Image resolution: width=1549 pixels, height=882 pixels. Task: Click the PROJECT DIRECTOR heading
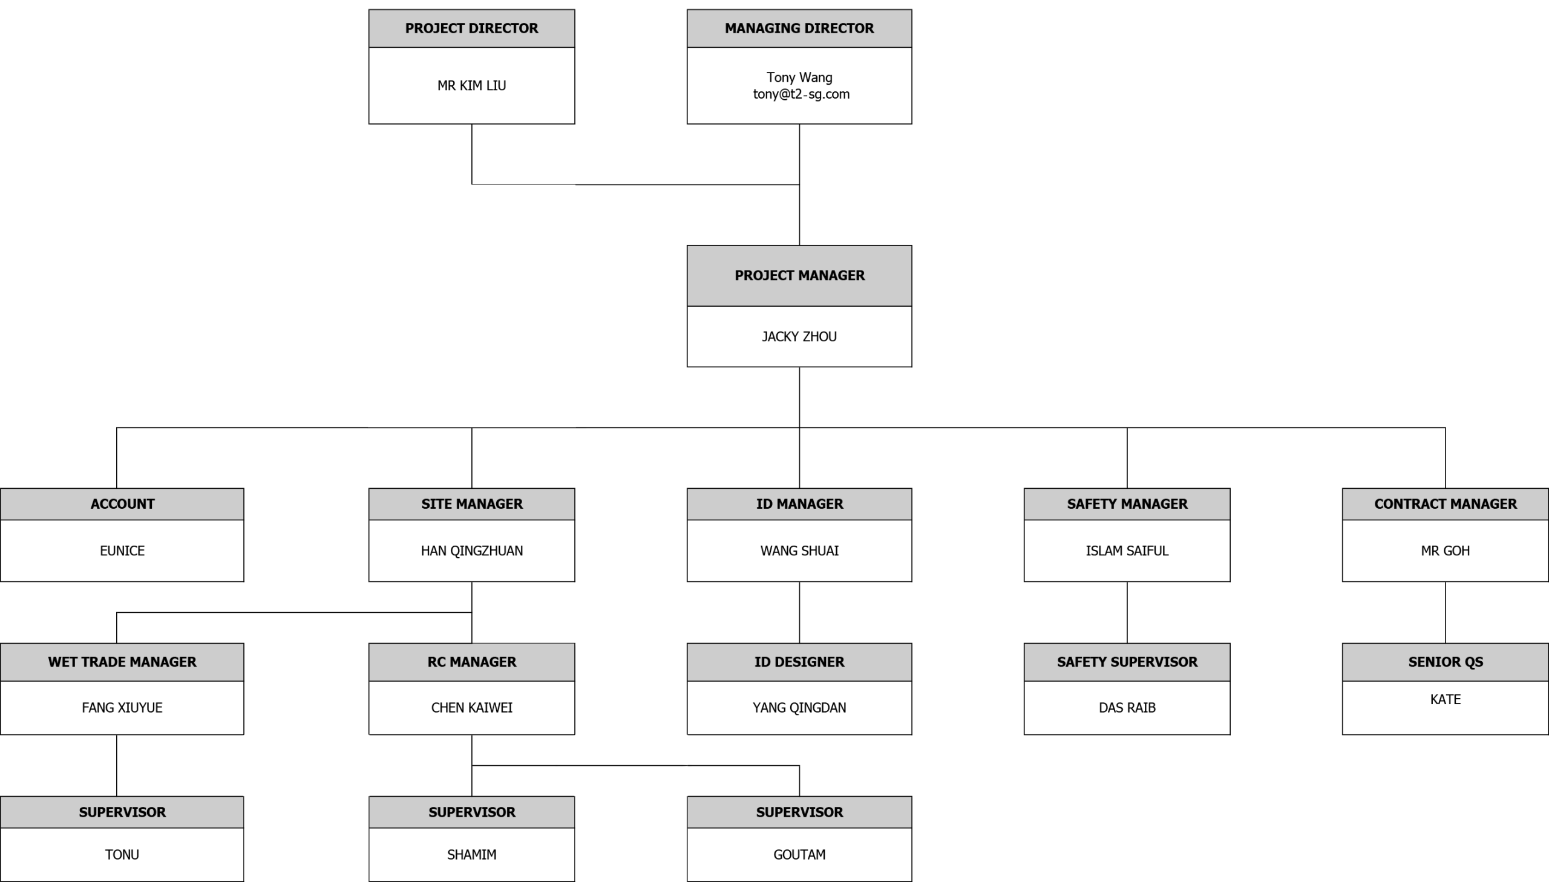tap(471, 28)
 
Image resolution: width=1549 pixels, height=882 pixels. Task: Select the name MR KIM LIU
tap(471, 85)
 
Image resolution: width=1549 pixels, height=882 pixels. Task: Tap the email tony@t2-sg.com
tap(801, 94)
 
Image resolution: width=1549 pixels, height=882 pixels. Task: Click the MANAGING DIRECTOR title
tap(799, 28)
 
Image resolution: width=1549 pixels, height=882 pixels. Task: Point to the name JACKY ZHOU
tap(799, 337)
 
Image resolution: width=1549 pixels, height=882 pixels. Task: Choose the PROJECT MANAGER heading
tap(799, 276)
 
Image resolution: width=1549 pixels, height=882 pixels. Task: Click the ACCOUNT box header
tap(122, 504)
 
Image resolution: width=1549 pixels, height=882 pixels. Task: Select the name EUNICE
tap(122, 550)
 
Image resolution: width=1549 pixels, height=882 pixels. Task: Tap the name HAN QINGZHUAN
tap(471, 550)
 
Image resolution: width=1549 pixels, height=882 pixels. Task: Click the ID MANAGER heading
tap(799, 504)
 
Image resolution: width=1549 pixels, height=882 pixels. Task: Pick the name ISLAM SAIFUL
tap(1127, 550)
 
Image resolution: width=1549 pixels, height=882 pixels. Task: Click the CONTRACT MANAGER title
tap(1446, 504)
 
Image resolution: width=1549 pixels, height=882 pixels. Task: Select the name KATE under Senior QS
tap(1446, 700)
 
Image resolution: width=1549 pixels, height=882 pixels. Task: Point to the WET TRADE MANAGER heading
tap(122, 662)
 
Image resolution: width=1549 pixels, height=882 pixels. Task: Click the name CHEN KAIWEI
tap(471, 708)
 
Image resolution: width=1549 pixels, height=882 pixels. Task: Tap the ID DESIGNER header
tap(799, 662)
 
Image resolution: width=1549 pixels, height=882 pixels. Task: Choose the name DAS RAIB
tap(1127, 708)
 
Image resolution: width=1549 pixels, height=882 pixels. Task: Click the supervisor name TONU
tap(122, 855)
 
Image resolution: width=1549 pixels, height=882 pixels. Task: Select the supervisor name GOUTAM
tap(799, 855)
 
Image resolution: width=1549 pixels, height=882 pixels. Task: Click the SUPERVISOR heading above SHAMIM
tap(471, 812)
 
